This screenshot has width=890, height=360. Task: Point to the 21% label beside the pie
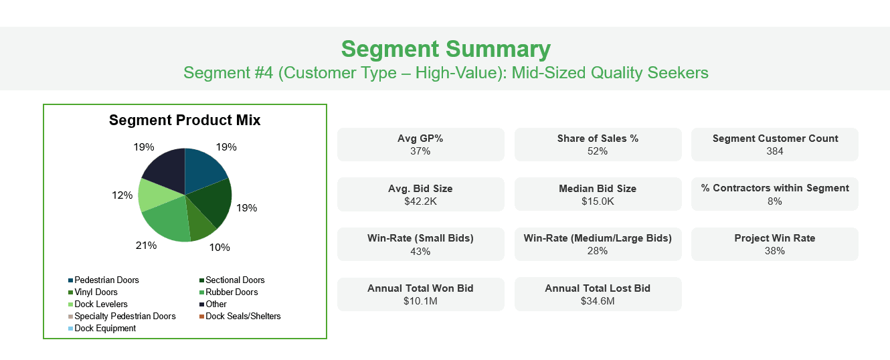146,246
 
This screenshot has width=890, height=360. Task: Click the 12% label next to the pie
122,195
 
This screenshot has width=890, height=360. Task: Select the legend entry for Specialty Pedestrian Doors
122,317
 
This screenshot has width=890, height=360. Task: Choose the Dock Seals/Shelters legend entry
240,317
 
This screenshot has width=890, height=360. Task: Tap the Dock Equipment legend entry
102,328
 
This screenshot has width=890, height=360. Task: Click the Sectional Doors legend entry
232,280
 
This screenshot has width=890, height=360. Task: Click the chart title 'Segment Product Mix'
185,120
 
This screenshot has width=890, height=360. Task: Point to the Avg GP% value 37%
420,151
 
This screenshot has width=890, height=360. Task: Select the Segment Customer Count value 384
775,151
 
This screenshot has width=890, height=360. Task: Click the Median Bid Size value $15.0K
598,201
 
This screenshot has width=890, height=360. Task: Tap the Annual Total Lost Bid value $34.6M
598,301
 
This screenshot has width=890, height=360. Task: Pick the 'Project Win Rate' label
775,238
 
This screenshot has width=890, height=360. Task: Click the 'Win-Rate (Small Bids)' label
420,238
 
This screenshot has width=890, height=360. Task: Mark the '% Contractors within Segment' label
775,188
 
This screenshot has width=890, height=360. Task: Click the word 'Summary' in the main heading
498,50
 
